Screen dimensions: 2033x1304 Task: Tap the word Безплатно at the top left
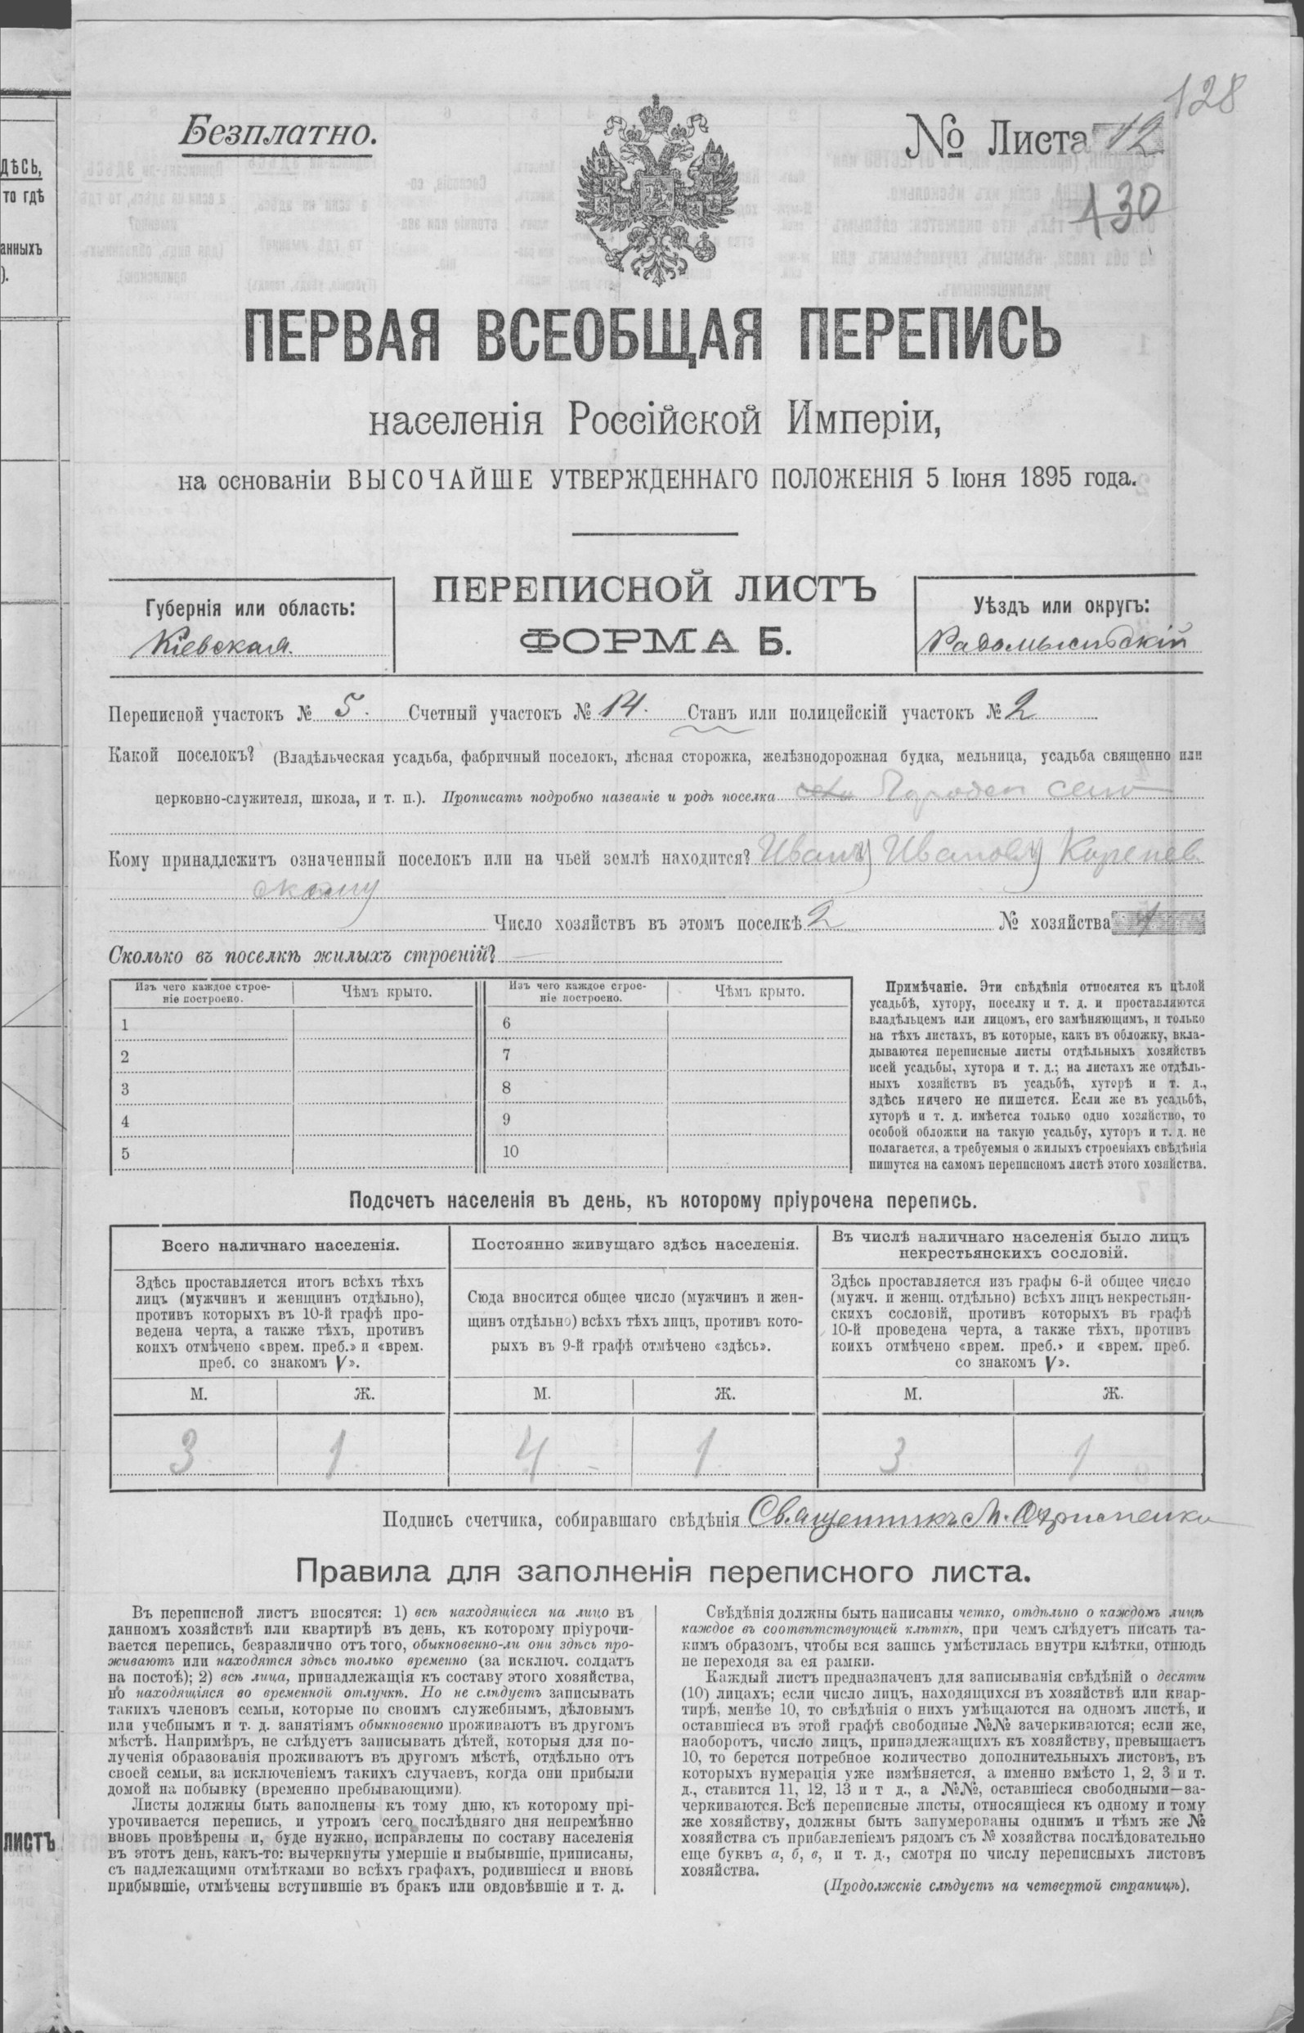coord(276,133)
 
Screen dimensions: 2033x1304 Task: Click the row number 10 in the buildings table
coord(511,1152)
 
